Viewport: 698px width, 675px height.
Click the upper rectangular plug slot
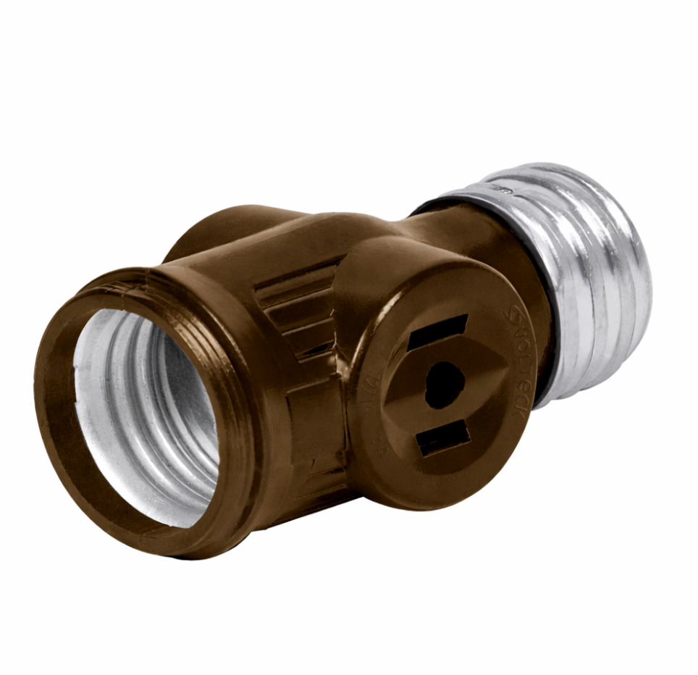(437, 332)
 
